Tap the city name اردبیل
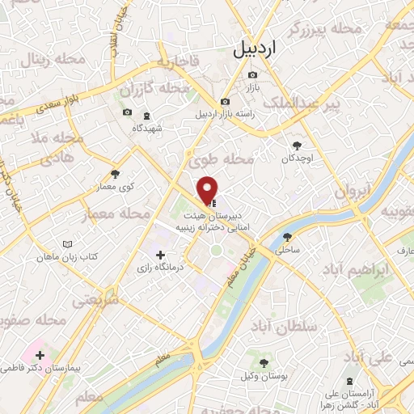[253, 49]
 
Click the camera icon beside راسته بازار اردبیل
[225, 102]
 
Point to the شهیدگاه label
[148, 128]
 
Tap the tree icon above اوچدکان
[298, 146]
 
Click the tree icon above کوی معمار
[115, 174]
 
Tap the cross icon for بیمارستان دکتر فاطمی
[39, 354]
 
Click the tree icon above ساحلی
[287, 237]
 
